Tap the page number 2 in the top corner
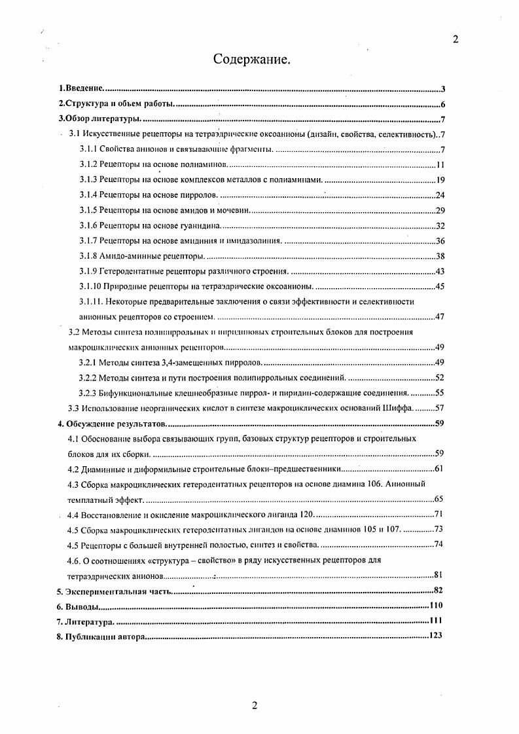(456, 39)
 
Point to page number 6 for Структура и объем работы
(443, 104)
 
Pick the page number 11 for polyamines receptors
(440, 164)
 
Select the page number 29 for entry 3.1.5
(440, 210)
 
